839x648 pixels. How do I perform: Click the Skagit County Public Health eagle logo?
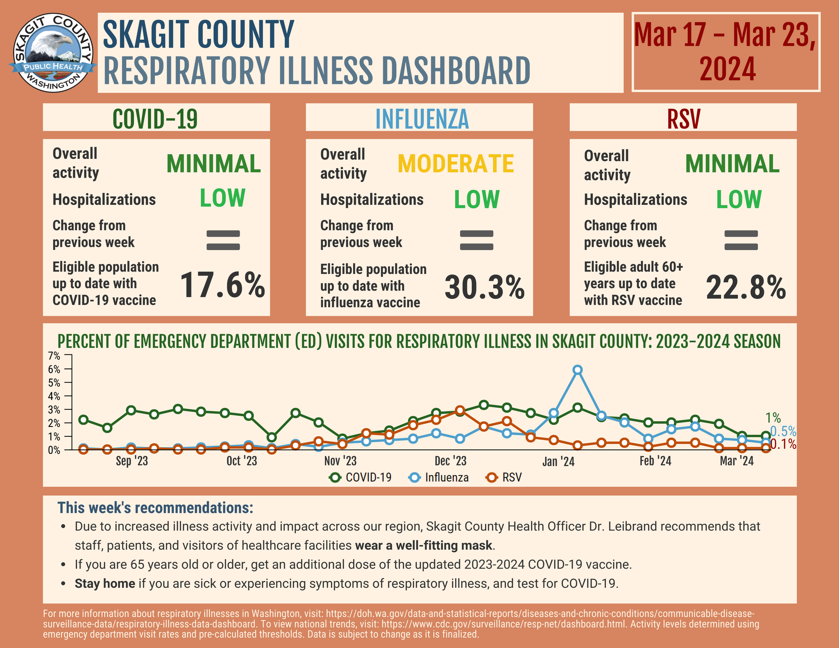pyautogui.click(x=53, y=52)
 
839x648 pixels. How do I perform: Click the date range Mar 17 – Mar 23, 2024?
pyautogui.click(x=726, y=52)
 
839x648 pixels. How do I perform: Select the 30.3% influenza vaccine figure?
pyautogui.click(x=485, y=288)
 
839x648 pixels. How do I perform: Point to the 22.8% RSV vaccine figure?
pyautogui.click(x=746, y=288)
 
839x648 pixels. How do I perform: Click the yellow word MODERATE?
pyautogui.click(x=456, y=164)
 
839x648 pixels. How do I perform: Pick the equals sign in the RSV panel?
pyautogui.click(x=741, y=240)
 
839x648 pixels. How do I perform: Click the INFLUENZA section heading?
pyautogui.click(x=422, y=119)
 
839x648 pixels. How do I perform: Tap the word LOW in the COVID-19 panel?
pyautogui.click(x=222, y=199)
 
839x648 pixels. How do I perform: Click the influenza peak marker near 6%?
pyautogui.click(x=578, y=370)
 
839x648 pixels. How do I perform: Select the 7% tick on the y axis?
pyautogui.click(x=54, y=356)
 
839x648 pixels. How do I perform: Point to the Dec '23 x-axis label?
pyautogui.click(x=451, y=461)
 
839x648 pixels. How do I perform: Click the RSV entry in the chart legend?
pyautogui.click(x=504, y=477)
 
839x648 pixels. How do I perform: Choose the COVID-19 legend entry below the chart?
pyautogui.click(x=361, y=477)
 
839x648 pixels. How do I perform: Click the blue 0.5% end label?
pyautogui.click(x=783, y=431)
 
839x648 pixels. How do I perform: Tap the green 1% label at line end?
pyautogui.click(x=773, y=418)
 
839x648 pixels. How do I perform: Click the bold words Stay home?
pyautogui.click(x=105, y=583)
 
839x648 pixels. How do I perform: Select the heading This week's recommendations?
pyautogui.click(x=155, y=508)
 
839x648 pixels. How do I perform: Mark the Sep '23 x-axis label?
pyautogui.click(x=132, y=461)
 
